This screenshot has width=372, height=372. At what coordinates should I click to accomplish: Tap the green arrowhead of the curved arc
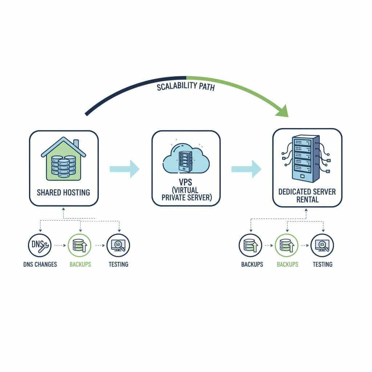(x=282, y=111)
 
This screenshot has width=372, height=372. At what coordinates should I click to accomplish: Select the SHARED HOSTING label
(x=63, y=192)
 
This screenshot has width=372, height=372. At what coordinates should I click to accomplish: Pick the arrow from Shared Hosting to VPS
(x=124, y=169)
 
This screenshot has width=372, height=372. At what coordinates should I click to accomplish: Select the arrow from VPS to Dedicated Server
(x=246, y=169)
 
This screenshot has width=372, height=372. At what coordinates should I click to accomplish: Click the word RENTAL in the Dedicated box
(x=307, y=199)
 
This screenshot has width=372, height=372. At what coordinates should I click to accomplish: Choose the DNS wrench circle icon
(x=40, y=245)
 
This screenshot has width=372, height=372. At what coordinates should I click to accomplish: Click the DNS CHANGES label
(x=40, y=264)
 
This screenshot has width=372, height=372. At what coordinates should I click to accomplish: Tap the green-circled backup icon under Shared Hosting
(x=80, y=245)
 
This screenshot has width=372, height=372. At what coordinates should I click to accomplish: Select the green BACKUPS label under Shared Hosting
(x=80, y=264)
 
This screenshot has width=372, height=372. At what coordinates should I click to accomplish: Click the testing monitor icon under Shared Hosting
(x=118, y=245)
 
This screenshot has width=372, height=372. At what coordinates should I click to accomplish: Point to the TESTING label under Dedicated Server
(x=322, y=264)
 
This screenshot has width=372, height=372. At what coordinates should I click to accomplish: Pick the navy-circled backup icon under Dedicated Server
(x=250, y=245)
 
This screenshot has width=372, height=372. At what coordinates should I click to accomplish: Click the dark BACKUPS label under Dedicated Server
(x=252, y=264)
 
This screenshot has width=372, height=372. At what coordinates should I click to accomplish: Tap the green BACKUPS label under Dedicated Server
(x=287, y=264)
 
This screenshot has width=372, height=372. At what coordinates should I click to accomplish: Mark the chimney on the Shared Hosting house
(x=76, y=143)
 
